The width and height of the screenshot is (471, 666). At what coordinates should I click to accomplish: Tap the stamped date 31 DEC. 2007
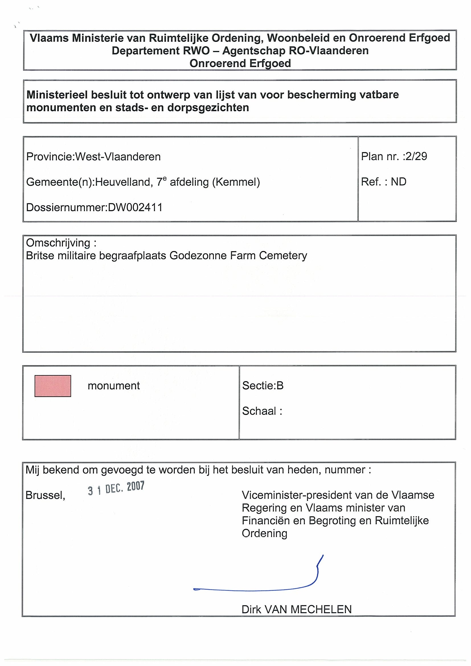tap(116, 488)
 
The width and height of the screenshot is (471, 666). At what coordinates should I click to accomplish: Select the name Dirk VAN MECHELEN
tap(296, 609)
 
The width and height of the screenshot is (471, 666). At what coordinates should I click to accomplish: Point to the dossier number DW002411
tap(135, 207)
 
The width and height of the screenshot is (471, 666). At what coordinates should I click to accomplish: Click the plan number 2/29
tap(416, 156)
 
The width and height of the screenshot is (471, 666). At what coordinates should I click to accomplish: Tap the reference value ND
tap(398, 182)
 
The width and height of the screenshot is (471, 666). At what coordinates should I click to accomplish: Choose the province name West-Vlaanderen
tap(118, 157)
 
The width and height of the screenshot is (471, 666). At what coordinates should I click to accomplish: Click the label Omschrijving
tap(58, 243)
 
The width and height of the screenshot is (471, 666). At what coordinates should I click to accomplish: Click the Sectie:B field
tap(263, 385)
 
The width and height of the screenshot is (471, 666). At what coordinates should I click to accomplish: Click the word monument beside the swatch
tap(114, 386)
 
